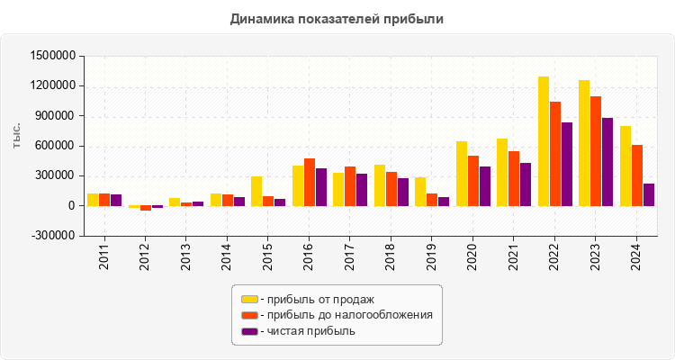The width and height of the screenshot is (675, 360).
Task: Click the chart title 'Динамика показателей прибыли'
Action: coord(337,18)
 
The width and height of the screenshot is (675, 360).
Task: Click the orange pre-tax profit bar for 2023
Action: coord(596,151)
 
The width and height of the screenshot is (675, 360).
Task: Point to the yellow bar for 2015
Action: coord(256,191)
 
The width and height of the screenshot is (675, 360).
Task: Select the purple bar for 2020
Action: coord(485,186)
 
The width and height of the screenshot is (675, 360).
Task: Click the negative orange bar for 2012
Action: coord(146,208)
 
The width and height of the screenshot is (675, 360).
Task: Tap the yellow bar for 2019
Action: coord(420,192)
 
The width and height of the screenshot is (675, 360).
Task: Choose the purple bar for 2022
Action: coord(567,164)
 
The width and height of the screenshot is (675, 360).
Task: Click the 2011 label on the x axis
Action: coord(104,256)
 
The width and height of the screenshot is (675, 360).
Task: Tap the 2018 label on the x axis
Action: coord(391,256)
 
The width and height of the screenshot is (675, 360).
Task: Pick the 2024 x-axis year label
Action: coord(636,256)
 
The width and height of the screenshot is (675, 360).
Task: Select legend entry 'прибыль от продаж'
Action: coord(316,299)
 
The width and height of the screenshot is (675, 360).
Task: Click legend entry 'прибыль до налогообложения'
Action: coord(346,315)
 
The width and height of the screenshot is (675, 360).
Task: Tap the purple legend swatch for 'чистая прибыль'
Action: coord(249,331)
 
